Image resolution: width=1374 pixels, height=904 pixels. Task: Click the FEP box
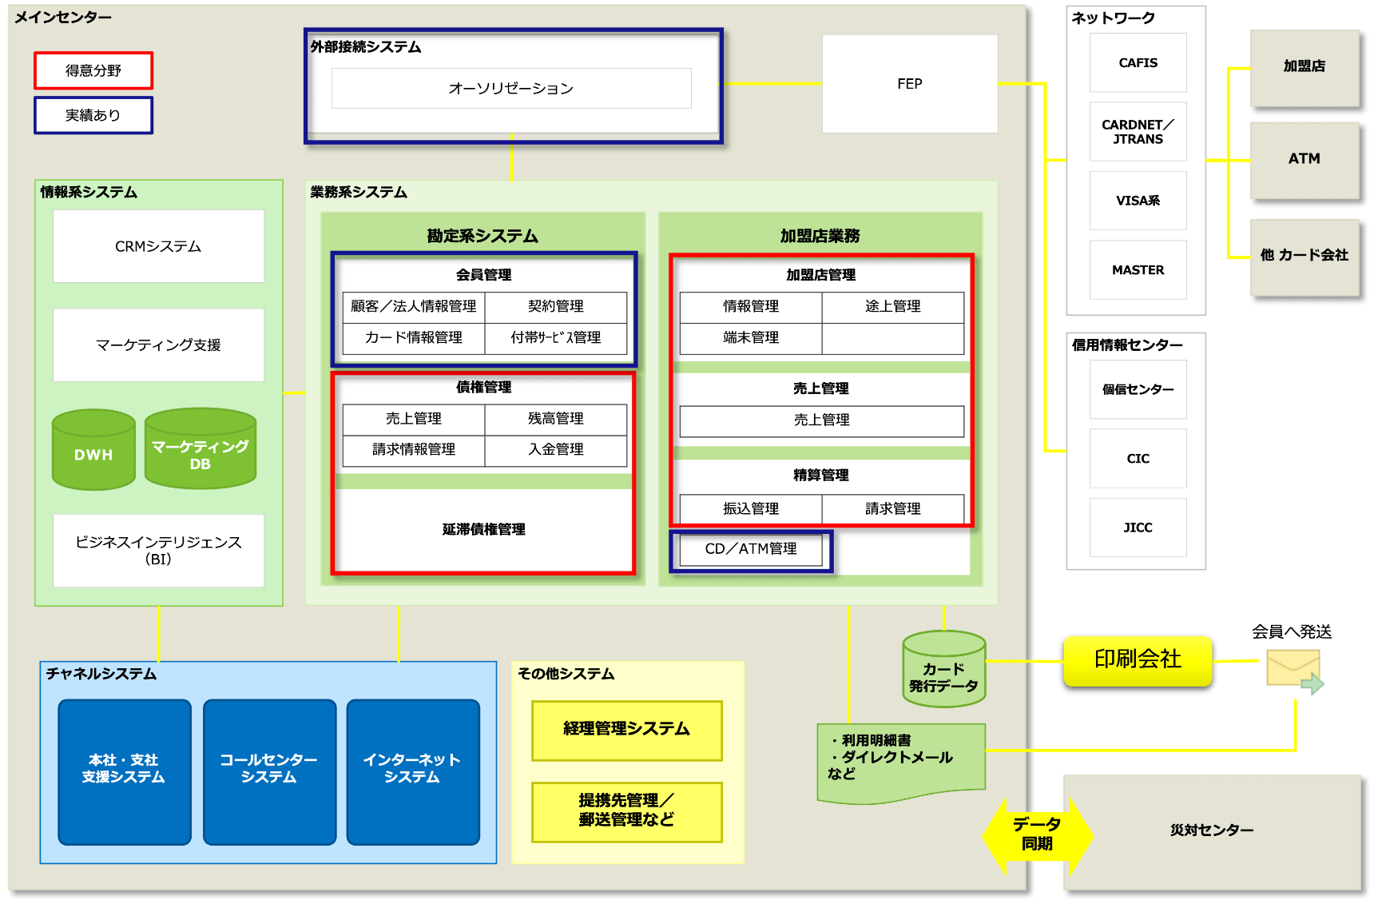pos(909,84)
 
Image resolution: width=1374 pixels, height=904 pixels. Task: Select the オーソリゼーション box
pos(511,88)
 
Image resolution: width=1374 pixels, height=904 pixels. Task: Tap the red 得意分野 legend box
pos(93,70)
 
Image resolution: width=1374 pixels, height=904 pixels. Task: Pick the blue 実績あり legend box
pos(93,115)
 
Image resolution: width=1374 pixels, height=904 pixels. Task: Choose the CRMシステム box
pos(158,246)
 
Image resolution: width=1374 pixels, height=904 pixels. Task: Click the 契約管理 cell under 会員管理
pos(555,306)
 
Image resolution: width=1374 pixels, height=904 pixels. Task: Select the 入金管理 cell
pos(555,450)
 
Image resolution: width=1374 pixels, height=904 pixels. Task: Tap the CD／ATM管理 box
pos(751,549)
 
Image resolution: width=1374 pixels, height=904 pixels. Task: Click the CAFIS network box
pos(1138,63)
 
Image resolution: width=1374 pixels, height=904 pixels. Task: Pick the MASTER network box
pos(1138,270)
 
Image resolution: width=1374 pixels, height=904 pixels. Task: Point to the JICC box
pos(1138,528)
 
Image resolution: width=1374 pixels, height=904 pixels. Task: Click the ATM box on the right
pos(1304,159)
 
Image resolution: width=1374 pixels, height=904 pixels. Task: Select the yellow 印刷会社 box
pos(1138,660)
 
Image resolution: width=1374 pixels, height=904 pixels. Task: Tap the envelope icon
pos(1293,670)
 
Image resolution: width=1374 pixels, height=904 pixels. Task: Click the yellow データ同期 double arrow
pos(1037,835)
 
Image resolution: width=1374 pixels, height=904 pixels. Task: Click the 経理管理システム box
pos(626,730)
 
